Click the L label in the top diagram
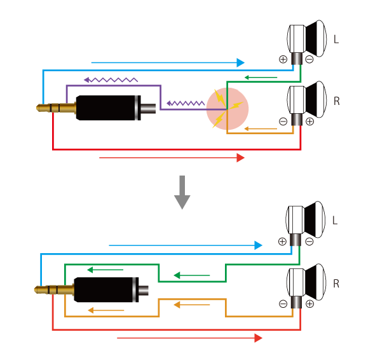[336, 39]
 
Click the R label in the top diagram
[337, 101]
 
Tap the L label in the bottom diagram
[335, 220]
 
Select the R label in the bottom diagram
[336, 283]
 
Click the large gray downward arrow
[182, 192]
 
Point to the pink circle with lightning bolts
[227, 109]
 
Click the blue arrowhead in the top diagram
[241, 62]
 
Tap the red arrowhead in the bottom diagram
[259, 338]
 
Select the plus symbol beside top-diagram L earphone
[283, 59]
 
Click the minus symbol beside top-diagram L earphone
[309, 59]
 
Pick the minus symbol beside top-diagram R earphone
[283, 121]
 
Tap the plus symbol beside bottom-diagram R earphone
[309, 304]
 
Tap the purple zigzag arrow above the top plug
[111, 80]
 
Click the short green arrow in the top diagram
[261, 78]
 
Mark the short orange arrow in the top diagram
[261, 128]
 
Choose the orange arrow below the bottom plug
[106, 310]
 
